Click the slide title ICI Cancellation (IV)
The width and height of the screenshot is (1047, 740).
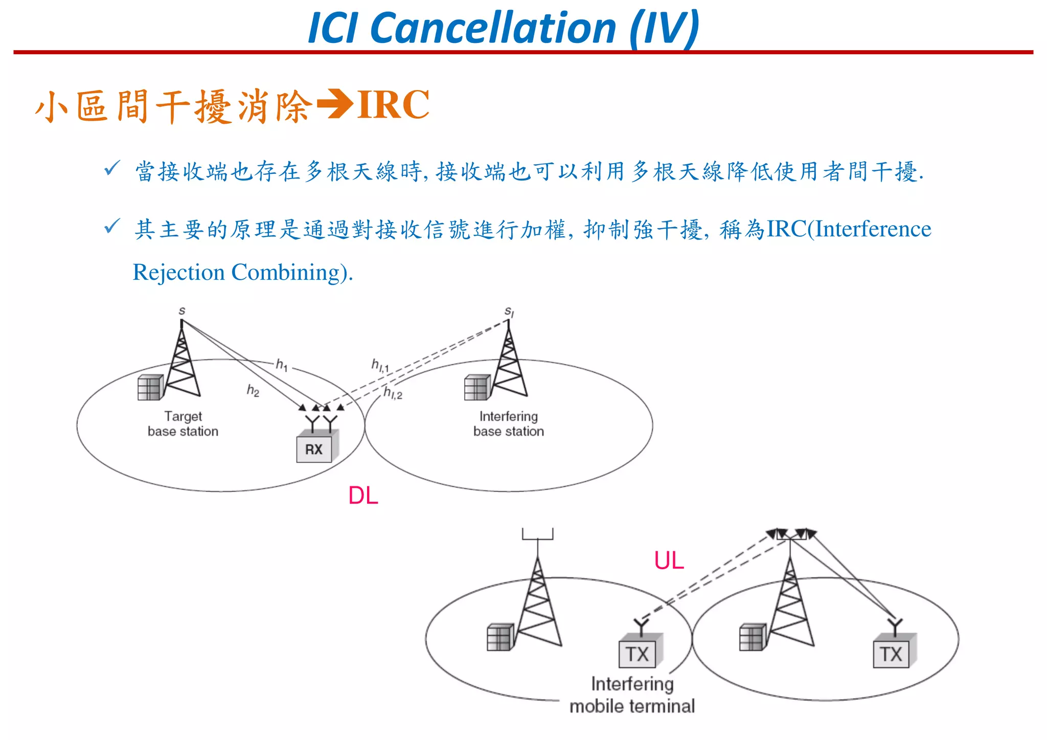pos(504,28)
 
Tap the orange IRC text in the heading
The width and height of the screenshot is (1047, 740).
pos(394,105)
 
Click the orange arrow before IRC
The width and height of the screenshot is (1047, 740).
pos(335,104)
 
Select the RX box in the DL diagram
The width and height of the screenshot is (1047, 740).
pos(314,449)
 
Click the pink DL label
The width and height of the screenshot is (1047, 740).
pos(363,496)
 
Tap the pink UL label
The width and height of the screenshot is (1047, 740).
pos(669,560)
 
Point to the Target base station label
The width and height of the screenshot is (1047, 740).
pos(183,424)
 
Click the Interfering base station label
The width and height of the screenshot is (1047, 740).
pos(509,424)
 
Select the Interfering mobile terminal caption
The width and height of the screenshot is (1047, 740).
pos(632,695)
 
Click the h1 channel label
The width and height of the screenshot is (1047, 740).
pos(282,365)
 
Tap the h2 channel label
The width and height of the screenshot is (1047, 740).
pos(253,391)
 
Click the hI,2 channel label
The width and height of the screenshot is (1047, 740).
pos(393,393)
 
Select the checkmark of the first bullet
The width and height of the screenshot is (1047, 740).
pos(112,168)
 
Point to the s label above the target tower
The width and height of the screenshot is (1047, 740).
pos(182,311)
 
